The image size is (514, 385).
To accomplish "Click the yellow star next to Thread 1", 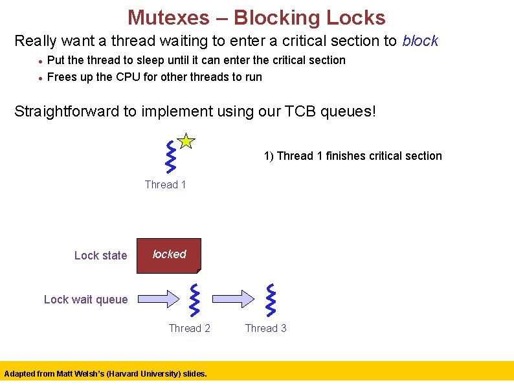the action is click(x=185, y=141).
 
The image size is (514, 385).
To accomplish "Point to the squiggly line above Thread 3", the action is click(x=271, y=300).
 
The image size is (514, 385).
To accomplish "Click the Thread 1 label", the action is click(x=165, y=185).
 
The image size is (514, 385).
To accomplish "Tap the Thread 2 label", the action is click(x=189, y=329).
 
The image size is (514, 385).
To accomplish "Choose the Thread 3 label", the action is click(x=265, y=329).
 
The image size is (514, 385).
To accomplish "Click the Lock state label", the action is click(x=100, y=256).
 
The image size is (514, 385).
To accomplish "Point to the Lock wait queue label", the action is click(x=85, y=300).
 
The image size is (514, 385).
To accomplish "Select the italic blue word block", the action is click(x=420, y=41).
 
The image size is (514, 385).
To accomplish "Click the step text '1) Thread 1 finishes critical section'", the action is click(x=352, y=156).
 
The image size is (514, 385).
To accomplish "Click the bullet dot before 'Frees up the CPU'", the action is click(x=40, y=78).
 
